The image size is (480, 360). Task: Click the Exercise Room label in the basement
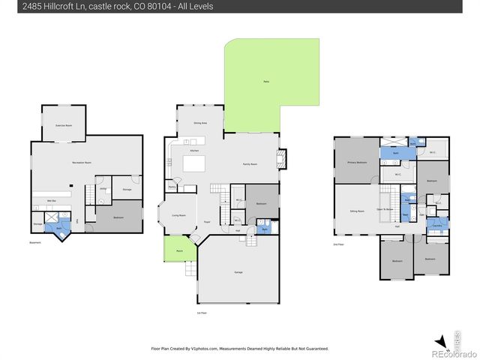coord(63,126)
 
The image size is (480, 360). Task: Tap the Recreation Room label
coord(82,162)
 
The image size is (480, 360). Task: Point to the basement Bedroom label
coord(118,217)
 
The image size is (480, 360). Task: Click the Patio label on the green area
coord(266,81)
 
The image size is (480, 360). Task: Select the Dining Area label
coord(200,122)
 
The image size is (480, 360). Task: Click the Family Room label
coord(250,163)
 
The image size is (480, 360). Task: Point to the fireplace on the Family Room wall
coord(281,158)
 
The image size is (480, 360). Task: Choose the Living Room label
coord(178,215)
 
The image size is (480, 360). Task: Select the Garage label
coord(238,272)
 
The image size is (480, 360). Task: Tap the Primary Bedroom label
coord(357,162)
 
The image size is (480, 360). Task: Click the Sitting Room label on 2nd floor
coord(357,211)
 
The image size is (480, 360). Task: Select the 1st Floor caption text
coord(201,311)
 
